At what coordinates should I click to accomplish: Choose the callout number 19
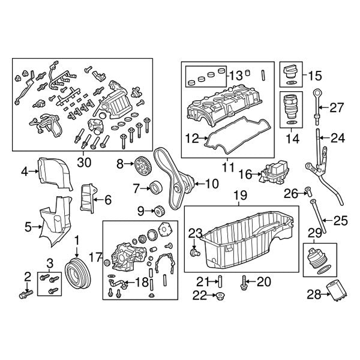click(x=239, y=195)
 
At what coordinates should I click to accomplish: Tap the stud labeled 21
click(x=220, y=280)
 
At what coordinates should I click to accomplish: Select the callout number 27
click(x=337, y=108)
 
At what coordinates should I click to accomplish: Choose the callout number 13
click(x=235, y=76)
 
